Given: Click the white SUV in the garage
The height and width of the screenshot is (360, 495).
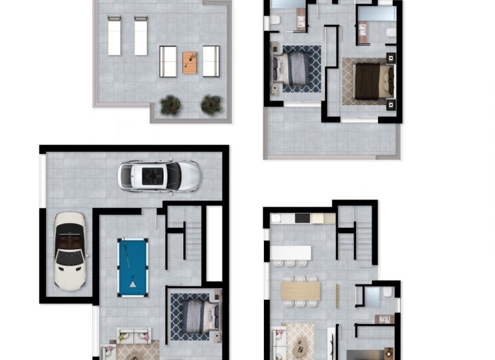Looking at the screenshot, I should tap(159, 176).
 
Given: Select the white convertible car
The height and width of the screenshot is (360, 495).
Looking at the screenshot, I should tap(70, 250).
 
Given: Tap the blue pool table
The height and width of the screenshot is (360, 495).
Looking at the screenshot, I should tap(133, 267).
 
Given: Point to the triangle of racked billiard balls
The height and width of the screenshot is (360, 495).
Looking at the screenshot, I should tap(133, 285).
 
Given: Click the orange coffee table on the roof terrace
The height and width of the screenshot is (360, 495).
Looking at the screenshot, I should tap(190, 62).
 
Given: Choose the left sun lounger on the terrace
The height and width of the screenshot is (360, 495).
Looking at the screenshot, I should tap(114, 36).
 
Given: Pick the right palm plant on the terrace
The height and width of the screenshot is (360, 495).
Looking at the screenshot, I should tap(211, 104).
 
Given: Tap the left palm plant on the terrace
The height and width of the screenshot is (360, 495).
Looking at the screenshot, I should tap(170, 105).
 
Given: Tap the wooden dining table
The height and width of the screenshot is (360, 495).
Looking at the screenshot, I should tap(300, 290).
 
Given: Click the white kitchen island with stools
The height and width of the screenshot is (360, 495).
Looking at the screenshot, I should tap(291, 253).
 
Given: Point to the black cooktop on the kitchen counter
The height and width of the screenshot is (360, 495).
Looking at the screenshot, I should tap(302, 218).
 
